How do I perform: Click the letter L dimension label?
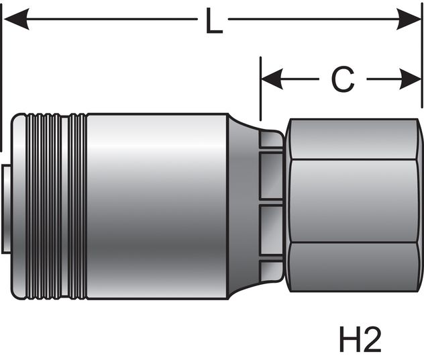tap(213, 24)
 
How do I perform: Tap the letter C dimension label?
tap(342, 81)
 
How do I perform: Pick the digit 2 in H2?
tap(370, 341)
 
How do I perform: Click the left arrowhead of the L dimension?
tap(15, 20)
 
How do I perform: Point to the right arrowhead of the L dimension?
tap(409, 20)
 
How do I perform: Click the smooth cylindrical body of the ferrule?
tap(158, 208)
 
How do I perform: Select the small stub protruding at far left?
tap(5, 208)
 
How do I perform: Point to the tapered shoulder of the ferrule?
tap(242, 208)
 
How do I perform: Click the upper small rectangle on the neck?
tap(271, 175)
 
